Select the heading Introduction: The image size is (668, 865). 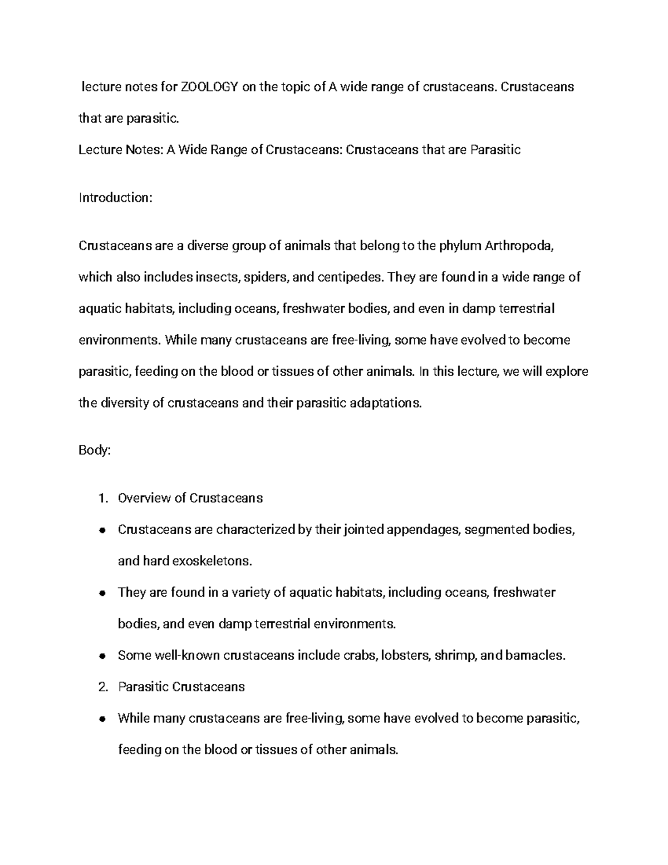[115, 198]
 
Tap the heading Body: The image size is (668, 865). [95, 450]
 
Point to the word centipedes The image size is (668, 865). [350, 277]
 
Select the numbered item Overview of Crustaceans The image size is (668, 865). [190, 498]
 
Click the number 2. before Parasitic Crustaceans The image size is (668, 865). [102, 687]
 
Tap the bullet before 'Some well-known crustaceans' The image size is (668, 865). [102, 656]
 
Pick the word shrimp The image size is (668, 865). [455, 656]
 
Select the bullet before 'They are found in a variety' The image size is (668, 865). [102, 593]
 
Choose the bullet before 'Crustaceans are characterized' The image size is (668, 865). [102, 530]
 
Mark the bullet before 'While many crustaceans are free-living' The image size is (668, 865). [102, 719]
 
